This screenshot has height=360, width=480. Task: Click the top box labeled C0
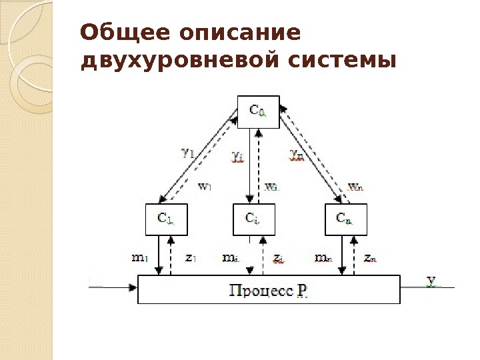coord(258,112)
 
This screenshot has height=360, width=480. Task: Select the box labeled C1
coord(166,219)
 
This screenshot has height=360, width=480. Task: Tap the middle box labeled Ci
coord(254,219)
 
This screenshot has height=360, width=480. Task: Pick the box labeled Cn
coord(345,219)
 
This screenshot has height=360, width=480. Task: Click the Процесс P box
coord(269,290)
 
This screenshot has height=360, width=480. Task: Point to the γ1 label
coord(187,152)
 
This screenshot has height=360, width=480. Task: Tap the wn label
coord(357,187)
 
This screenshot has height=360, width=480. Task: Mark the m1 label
coord(140,257)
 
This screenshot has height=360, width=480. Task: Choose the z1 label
coord(190,257)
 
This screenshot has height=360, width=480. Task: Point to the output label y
coord(431,281)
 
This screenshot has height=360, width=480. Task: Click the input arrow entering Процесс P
coord(113,288)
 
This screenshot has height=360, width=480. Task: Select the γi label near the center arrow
coord(238,155)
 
